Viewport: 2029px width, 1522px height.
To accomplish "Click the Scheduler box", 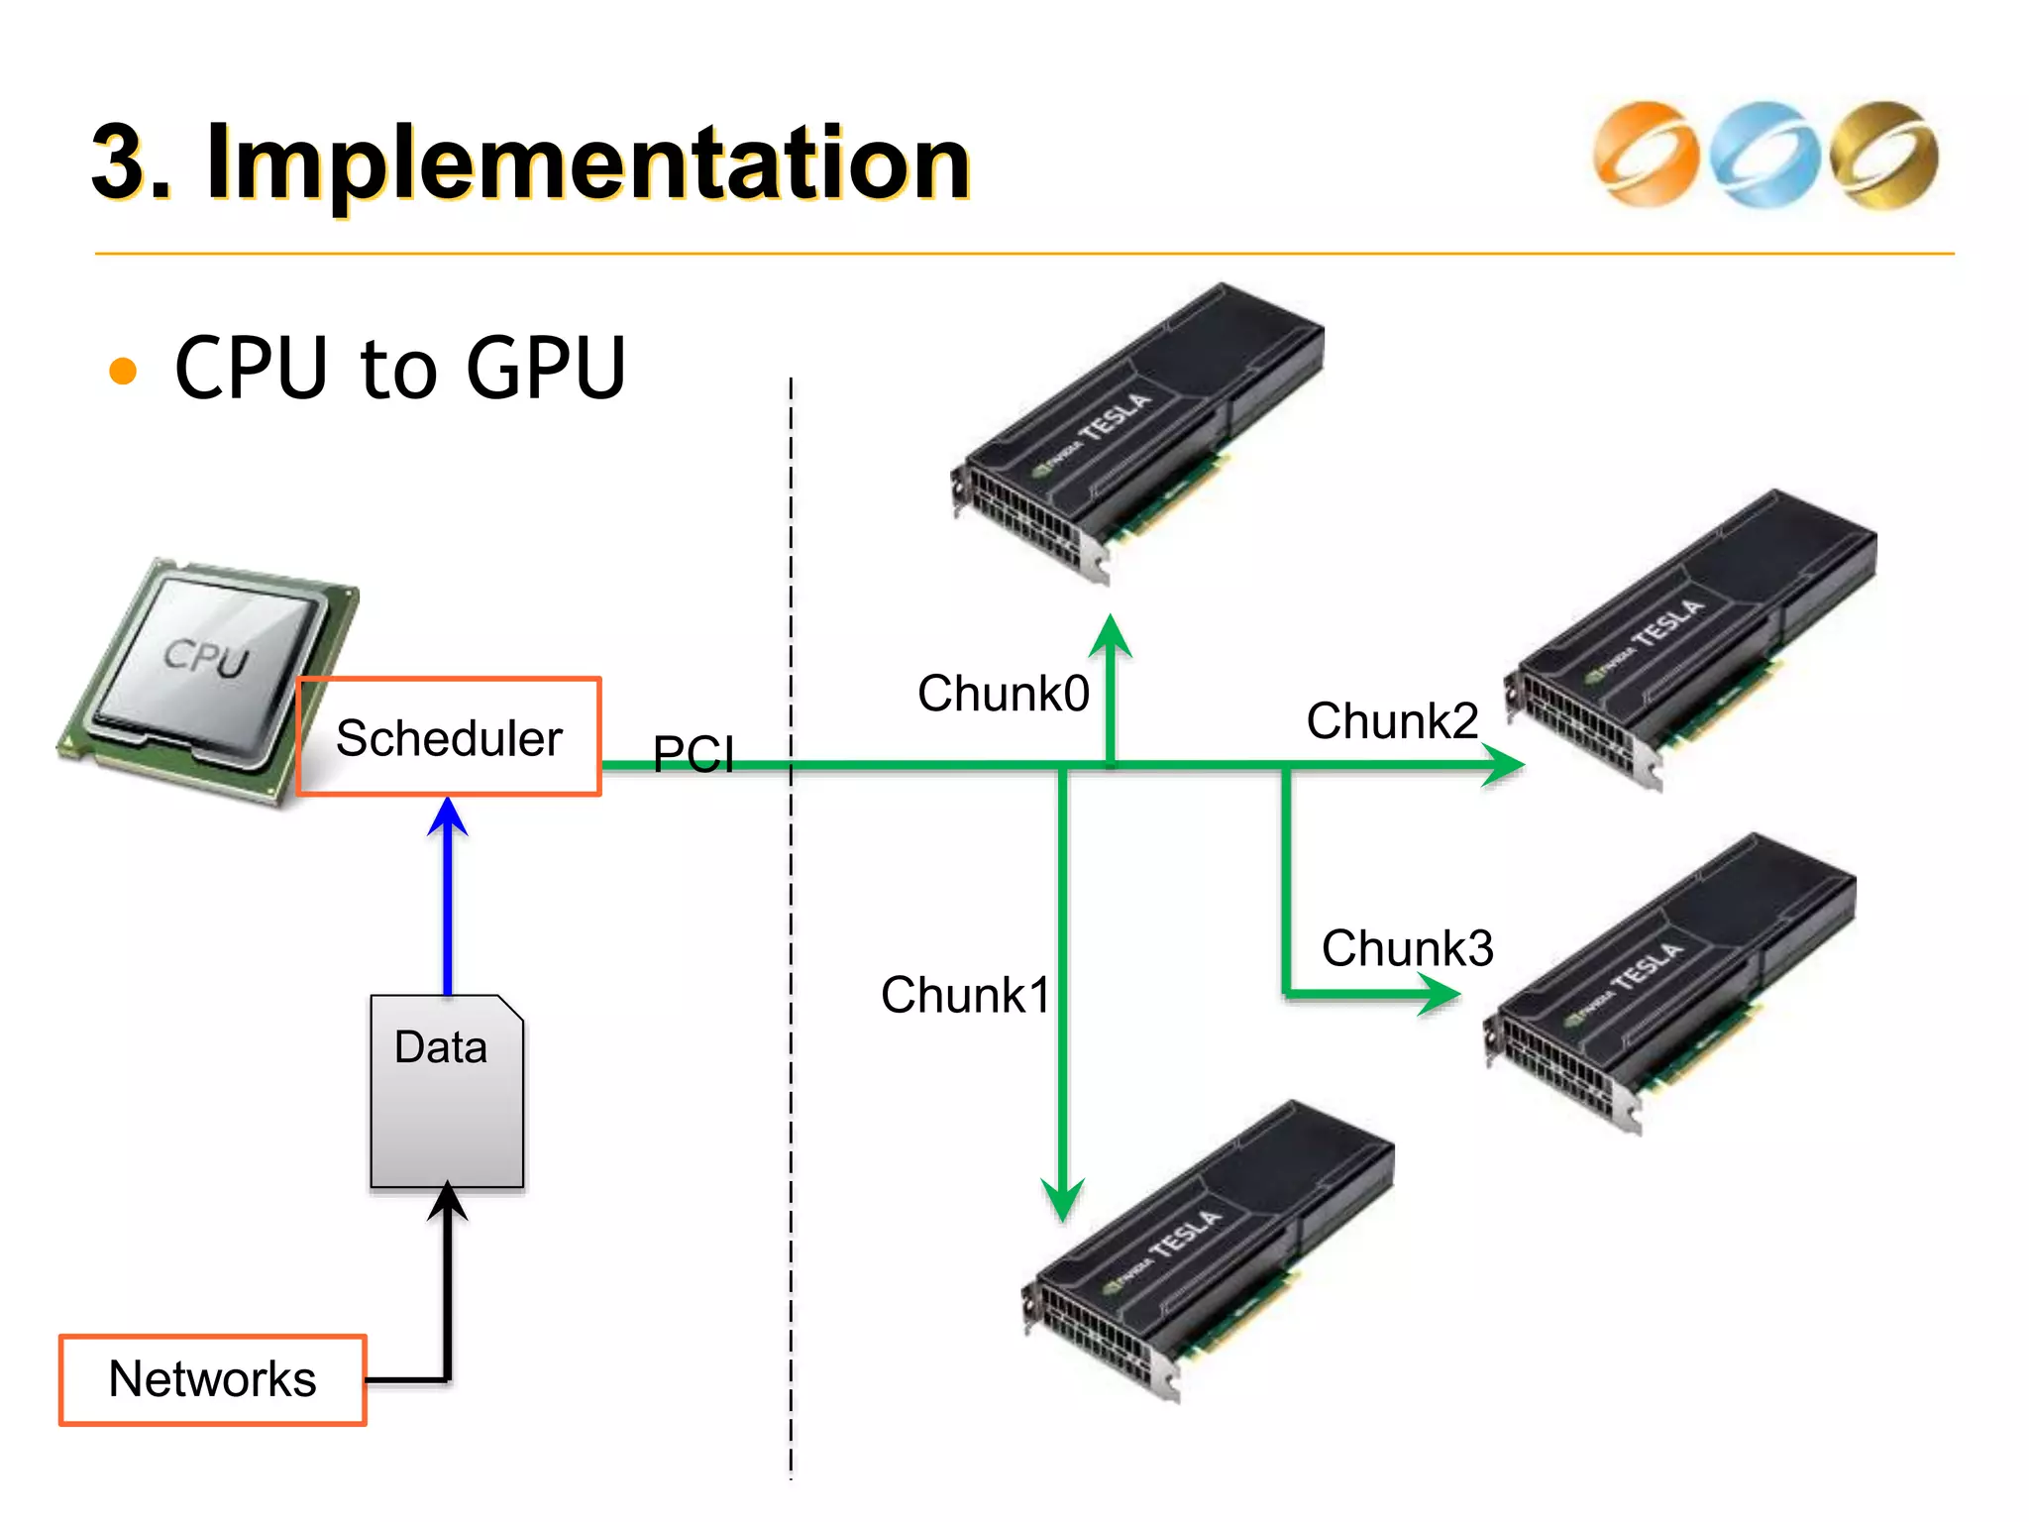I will pos(449,737).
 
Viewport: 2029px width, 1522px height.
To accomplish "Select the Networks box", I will pos(212,1379).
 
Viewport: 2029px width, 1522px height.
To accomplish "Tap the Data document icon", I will pos(447,1091).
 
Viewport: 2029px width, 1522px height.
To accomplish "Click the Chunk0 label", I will pos(1003,693).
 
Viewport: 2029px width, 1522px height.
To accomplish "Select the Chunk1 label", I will pos(965,994).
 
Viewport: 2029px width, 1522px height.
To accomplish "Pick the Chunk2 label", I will pos(1392,720).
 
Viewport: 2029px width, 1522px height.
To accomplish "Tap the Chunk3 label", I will pos(1407,948).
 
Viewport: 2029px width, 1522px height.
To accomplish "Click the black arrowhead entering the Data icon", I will pos(448,1201).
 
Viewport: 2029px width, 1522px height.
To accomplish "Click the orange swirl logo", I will pos(1646,155).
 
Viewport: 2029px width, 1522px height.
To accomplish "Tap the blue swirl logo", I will pos(1764,155).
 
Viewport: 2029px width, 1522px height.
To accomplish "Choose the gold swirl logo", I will pos(1883,155).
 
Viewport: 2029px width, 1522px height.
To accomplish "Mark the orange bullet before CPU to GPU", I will pos(123,371).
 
